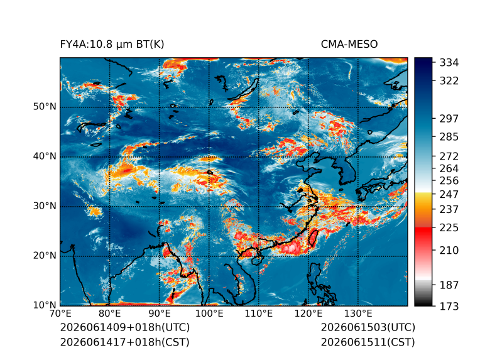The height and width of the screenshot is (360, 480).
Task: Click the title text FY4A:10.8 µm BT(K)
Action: pos(112,45)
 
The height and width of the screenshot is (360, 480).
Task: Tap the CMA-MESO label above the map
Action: pos(349,45)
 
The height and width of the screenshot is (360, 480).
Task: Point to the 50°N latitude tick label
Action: pos(45,107)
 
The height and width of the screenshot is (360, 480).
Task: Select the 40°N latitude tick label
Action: pos(45,156)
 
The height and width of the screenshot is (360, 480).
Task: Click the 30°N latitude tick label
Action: pos(45,205)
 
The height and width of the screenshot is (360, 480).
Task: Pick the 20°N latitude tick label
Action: pos(45,255)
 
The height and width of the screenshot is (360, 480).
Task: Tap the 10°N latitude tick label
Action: pos(45,305)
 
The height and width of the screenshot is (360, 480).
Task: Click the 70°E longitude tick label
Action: pos(60,314)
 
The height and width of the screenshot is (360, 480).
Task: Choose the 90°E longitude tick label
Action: pos(159,314)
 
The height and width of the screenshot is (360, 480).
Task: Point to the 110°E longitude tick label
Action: pos(259,314)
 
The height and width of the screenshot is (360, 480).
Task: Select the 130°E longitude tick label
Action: pos(358,314)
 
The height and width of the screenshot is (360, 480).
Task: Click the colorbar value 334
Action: pos(449,63)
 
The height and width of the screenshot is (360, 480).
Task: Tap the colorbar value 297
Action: pos(449,119)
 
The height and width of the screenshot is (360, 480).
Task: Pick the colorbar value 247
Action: pos(449,194)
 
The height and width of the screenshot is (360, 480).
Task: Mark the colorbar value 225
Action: pos(449,228)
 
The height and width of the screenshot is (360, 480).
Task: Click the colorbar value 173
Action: pos(449,306)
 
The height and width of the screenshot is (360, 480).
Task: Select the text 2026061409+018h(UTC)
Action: pos(125,327)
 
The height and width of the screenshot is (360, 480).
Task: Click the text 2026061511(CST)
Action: pos(368,342)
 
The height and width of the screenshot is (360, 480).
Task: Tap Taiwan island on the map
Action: pos(313,238)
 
